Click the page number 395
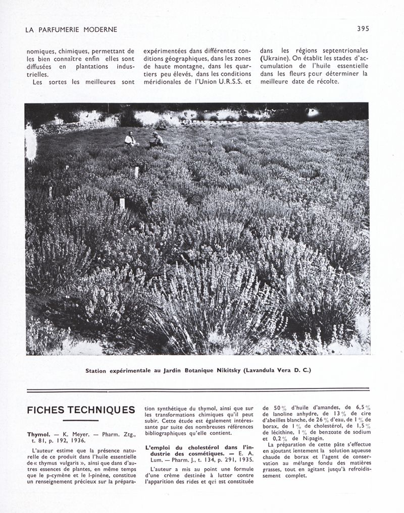[363, 29]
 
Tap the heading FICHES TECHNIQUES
[81, 410]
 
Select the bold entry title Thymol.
[38, 434]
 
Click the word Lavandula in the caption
[262, 371]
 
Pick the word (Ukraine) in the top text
[275, 58]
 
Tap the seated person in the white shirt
[130, 140]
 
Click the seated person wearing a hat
[157, 140]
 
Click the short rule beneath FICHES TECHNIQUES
[81, 420]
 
